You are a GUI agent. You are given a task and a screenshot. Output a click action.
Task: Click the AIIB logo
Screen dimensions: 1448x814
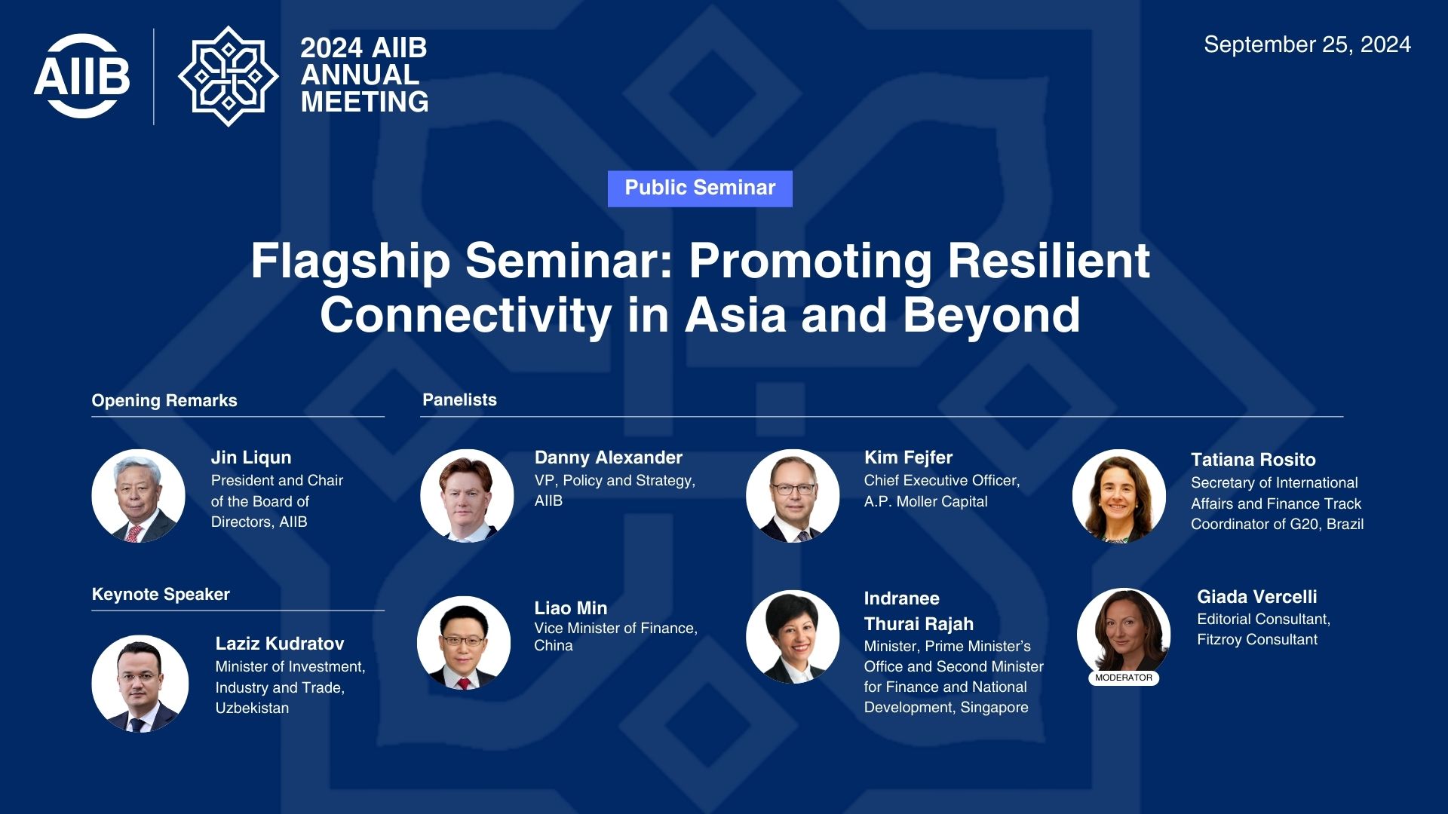[x=81, y=76]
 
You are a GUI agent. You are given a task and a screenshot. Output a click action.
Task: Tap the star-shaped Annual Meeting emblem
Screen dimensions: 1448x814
[x=228, y=76]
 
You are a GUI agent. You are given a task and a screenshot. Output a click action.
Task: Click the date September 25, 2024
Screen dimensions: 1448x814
[x=1307, y=44]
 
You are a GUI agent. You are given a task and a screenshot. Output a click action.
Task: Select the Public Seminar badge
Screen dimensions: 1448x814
[x=700, y=188]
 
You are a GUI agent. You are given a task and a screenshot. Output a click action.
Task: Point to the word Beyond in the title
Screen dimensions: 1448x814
[x=992, y=316]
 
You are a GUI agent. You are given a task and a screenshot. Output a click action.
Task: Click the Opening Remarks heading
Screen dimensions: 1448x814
[x=164, y=401]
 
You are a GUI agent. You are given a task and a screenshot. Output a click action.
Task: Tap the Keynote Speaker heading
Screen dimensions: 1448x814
[x=161, y=594]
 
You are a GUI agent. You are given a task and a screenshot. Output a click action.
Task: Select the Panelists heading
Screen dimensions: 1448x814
[x=459, y=399]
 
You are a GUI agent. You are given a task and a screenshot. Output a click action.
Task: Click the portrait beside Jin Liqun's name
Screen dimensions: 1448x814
[x=138, y=496]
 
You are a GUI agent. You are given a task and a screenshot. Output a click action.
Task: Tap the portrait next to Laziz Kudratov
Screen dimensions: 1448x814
[x=140, y=684]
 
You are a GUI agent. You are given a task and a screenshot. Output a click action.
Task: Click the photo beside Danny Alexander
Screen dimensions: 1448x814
[x=467, y=496]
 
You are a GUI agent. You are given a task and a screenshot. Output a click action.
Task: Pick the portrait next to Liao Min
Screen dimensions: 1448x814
[x=464, y=643]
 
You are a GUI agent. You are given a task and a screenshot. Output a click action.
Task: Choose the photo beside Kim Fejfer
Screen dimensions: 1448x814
[x=793, y=496]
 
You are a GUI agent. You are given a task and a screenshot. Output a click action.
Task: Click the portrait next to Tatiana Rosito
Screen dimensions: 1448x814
[x=1119, y=496]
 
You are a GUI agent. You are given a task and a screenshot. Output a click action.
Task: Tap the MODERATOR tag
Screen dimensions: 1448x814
[x=1124, y=678]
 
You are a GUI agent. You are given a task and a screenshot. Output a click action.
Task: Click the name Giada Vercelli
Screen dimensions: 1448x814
[x=1257, y=597]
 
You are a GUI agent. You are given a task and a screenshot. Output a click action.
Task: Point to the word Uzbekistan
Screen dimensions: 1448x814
[x=252, y=708]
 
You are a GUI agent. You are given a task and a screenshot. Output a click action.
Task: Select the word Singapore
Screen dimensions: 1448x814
[x=994, y=708]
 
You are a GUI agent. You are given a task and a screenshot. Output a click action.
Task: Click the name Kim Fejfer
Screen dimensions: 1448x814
[x=908, y=457]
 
